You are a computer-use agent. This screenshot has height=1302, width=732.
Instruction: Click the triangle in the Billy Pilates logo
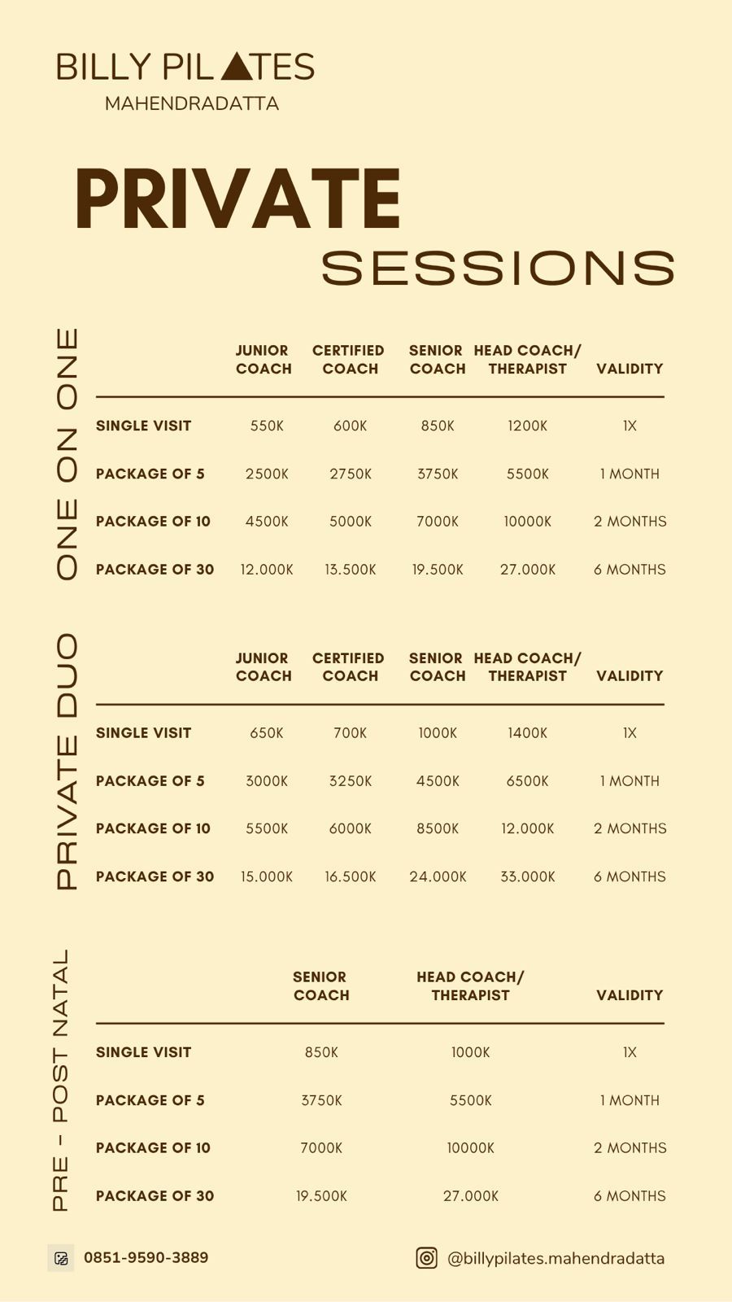pos(237,68)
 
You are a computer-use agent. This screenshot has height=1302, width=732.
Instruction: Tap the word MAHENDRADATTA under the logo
pos(192,104)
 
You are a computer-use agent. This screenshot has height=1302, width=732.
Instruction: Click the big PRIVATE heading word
pos(237,199)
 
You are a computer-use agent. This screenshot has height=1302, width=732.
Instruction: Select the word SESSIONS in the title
pos(498,268)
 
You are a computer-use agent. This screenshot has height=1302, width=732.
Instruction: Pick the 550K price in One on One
pos(267,426)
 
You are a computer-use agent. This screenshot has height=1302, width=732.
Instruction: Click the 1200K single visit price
pos(527,426)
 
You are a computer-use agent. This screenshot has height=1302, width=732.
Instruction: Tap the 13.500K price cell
pos(351,570)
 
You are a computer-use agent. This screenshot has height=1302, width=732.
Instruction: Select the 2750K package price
pos(351,474)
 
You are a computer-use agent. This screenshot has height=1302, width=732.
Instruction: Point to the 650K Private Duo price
pos(267,733)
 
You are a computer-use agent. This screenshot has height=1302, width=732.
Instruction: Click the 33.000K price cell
pos(527,876)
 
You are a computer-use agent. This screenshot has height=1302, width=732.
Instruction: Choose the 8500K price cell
pos(438,828)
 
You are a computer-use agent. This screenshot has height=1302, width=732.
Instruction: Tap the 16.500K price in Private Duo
pos(351,876)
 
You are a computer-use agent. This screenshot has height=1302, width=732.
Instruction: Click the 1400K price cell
pos(527,733)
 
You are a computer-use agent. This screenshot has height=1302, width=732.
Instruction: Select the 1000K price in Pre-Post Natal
pos(471,1052)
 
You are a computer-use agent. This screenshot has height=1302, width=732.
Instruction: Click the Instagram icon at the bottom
pos(427,1258)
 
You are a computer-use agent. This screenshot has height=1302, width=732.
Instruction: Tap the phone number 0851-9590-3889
pos(146,1257)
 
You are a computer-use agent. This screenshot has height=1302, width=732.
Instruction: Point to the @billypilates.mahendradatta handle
pos(556,1258)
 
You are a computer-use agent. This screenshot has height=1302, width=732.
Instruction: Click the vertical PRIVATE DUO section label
pos(67,762)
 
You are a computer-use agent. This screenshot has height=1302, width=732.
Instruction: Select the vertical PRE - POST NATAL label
pos(61,1080)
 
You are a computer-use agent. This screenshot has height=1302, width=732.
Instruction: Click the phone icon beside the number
pos(61,1258)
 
